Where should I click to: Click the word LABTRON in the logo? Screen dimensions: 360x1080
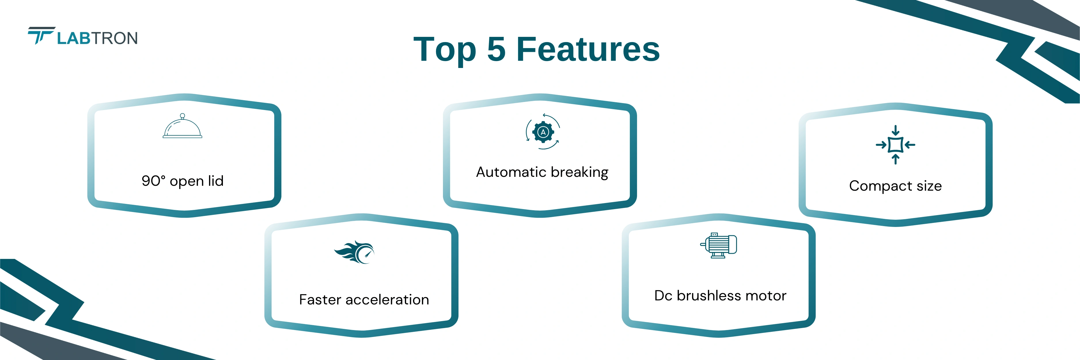click(97, 38)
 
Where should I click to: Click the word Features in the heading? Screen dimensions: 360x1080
click(588, 50)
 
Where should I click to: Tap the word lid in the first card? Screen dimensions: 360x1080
click(215, 181)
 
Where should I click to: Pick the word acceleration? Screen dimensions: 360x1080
click(387, 300)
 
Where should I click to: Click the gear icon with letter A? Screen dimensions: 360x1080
click(543, 132)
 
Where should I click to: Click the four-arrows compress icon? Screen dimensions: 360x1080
click(895, 145)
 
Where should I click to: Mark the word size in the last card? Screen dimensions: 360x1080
click(929, 186)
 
